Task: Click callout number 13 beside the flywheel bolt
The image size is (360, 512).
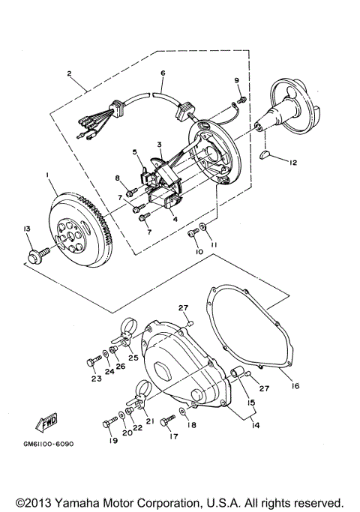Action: [27, 229]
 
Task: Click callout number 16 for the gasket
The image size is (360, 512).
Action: [295, 386]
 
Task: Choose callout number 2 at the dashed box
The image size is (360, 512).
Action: [68, 73]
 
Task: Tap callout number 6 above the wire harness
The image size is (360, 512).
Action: [162, 74]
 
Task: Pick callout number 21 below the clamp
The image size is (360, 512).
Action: [150, 421]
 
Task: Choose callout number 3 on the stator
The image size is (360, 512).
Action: [160, 143]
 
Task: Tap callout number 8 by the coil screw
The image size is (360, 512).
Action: [117, 178]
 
